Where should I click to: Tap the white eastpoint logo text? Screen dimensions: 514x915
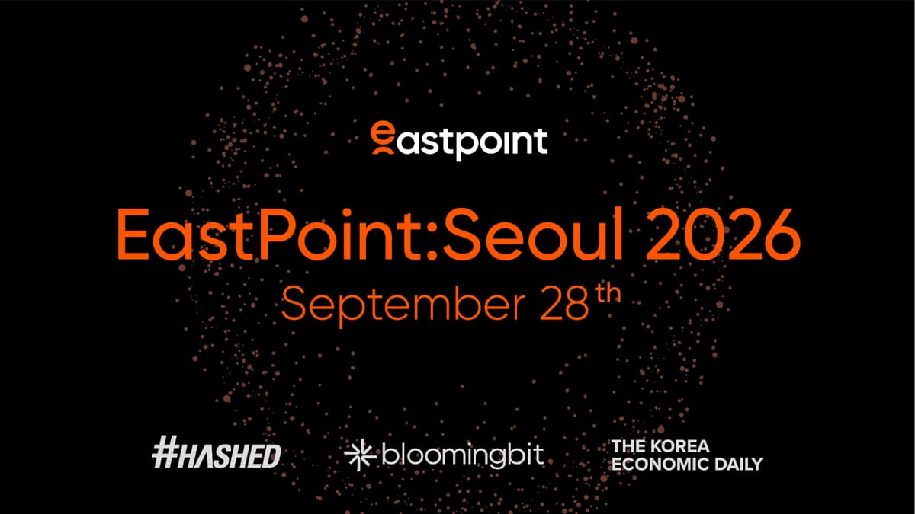click(x=470, y=142)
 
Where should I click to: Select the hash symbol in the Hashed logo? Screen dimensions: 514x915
click(x=165, y=455)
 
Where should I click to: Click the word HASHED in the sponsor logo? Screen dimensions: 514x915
click(x=230, y=455)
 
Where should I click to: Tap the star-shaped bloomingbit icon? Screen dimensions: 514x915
click(x=356, y=455)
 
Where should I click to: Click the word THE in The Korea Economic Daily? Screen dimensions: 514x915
click(x=623, y=446)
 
